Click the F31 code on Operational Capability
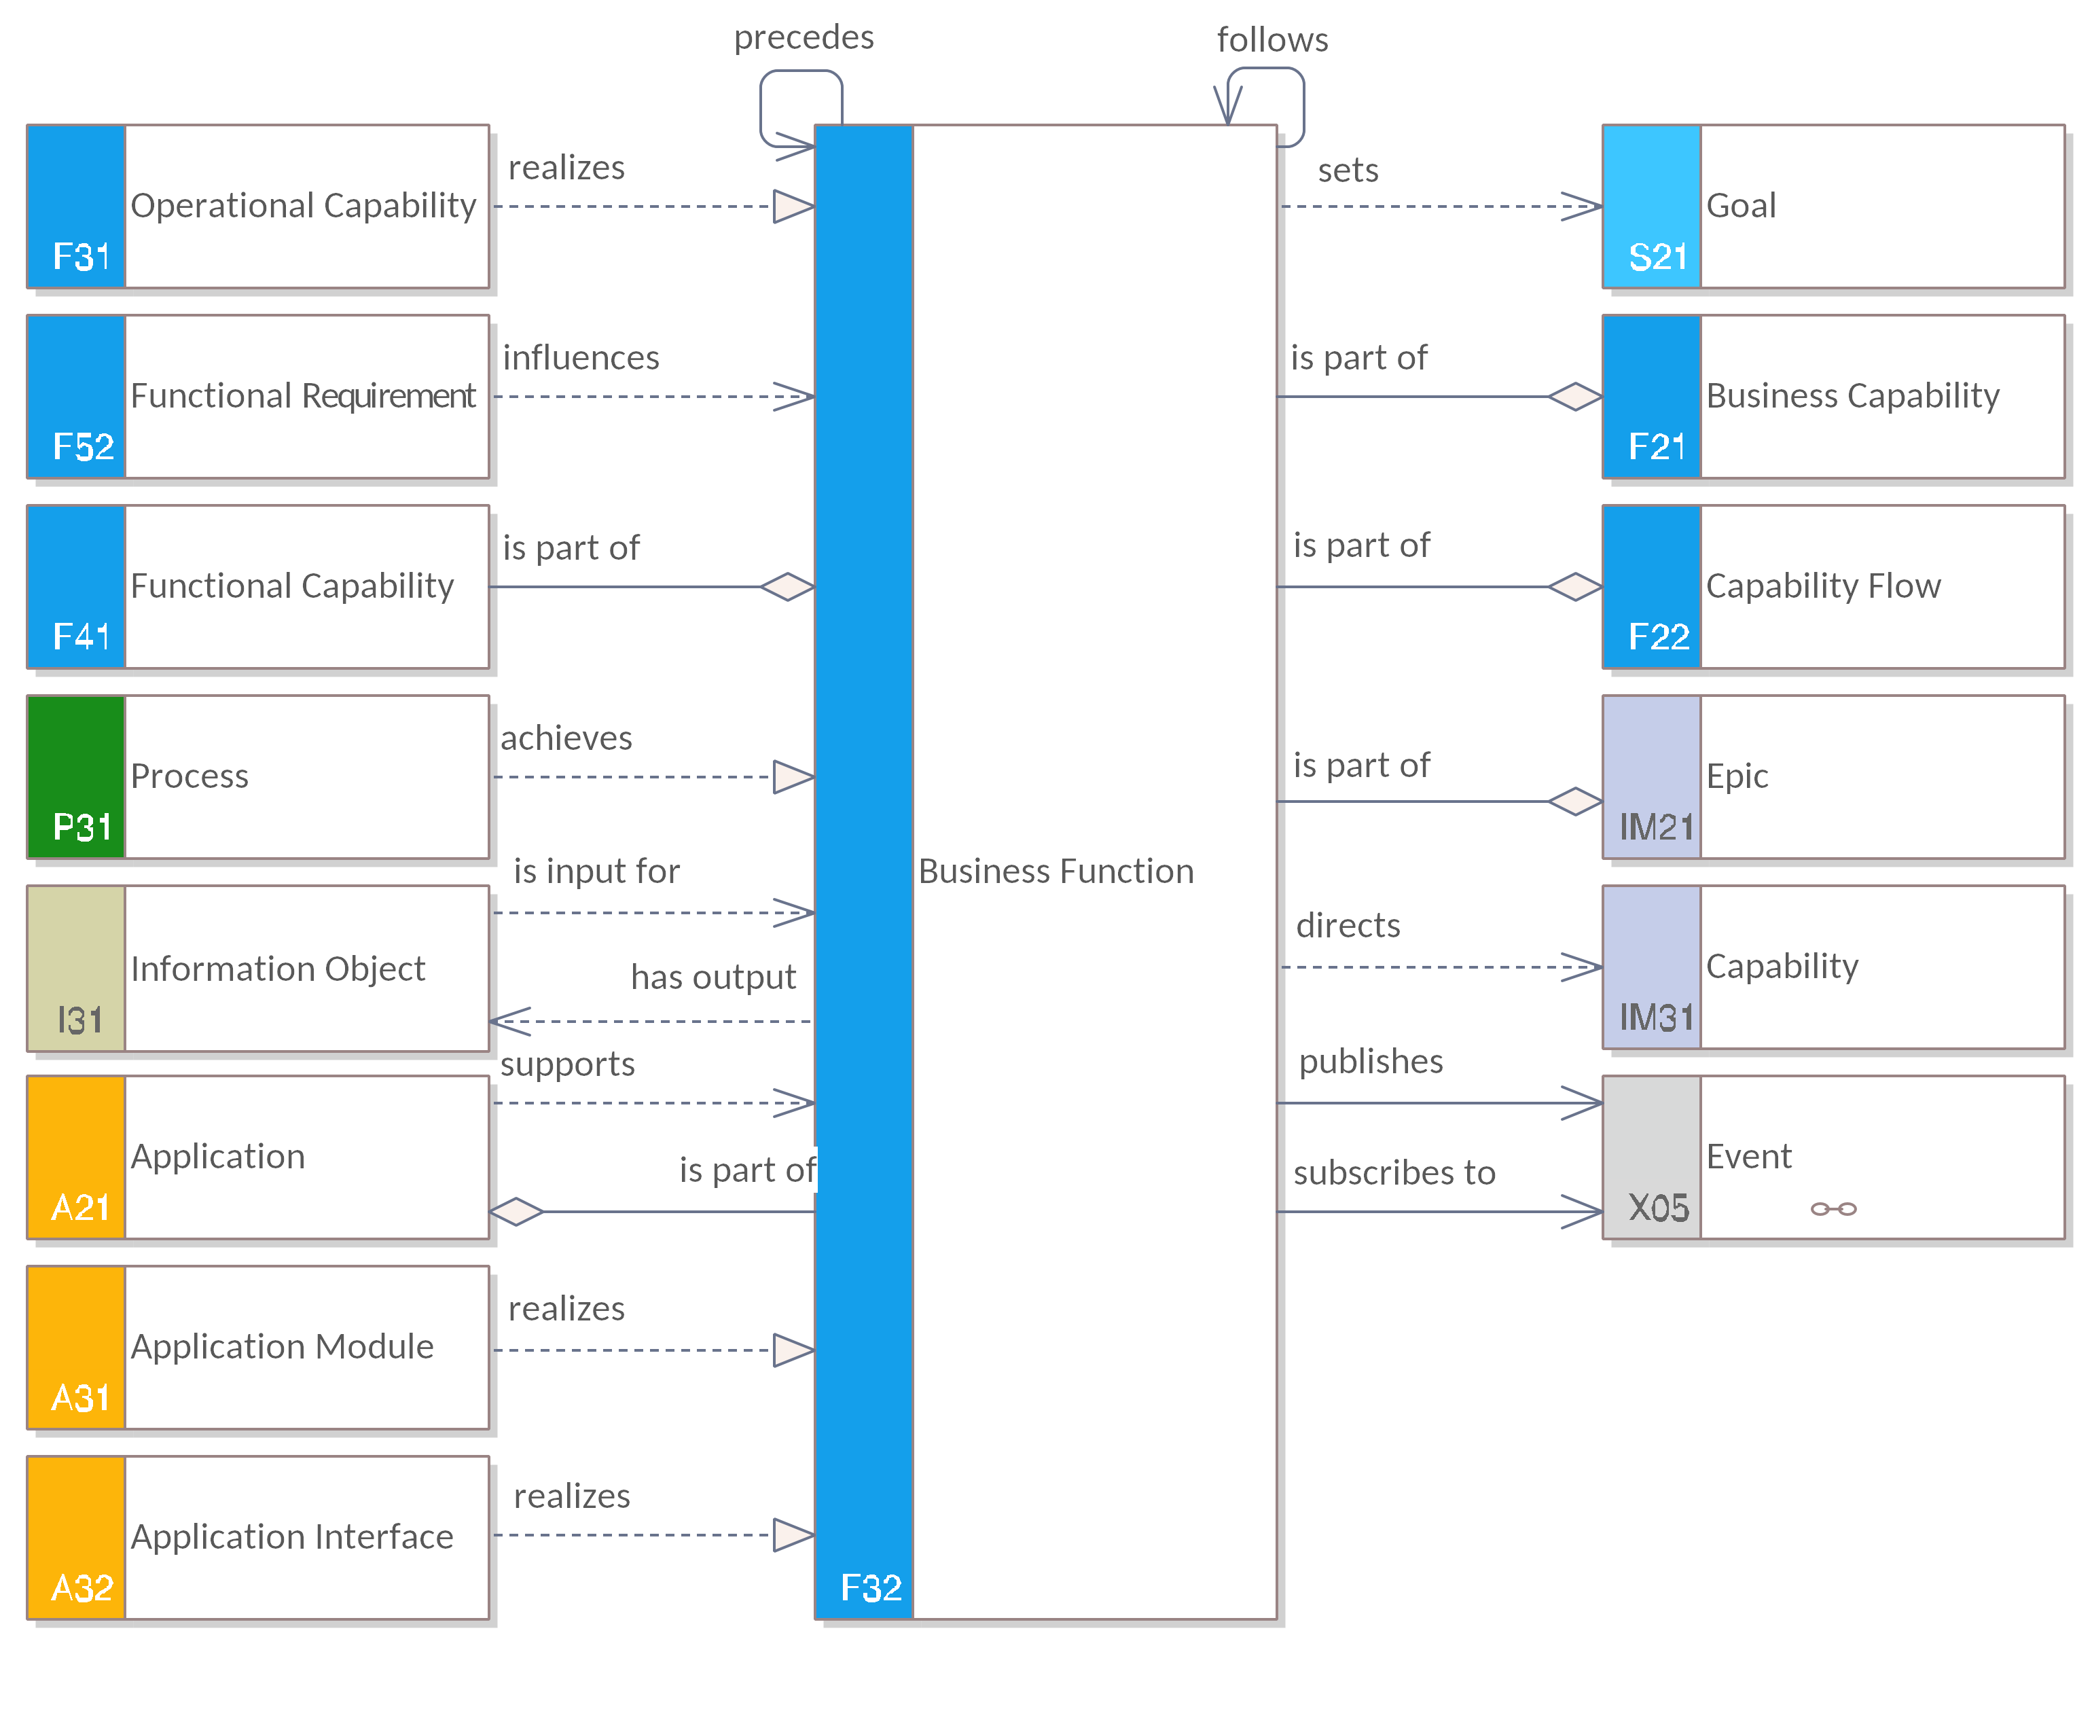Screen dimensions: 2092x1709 click(81, 257)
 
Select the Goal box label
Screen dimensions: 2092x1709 click(1741, 206)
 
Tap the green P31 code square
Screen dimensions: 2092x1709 click(76, 777)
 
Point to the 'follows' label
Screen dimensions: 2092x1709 click(1272, 40)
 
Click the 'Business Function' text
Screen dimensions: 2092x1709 click(1056, 871)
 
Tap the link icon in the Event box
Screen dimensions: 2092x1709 click(1833, 1209)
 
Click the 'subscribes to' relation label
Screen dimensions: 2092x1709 click(1394, 1172)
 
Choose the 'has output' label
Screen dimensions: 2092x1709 click(713, 977)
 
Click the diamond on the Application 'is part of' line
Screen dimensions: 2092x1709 click(516, 1211)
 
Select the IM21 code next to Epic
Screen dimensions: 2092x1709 click(1656, 827)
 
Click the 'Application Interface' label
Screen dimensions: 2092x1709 click(291, 1536)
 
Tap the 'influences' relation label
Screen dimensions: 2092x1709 click(581, 357)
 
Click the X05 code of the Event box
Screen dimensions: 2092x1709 click(1658, 1208)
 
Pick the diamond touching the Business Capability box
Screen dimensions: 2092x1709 click(1575, 397)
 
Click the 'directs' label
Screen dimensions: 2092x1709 click(1348, 925)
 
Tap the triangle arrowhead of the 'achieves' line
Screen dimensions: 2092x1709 click(793, 777)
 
